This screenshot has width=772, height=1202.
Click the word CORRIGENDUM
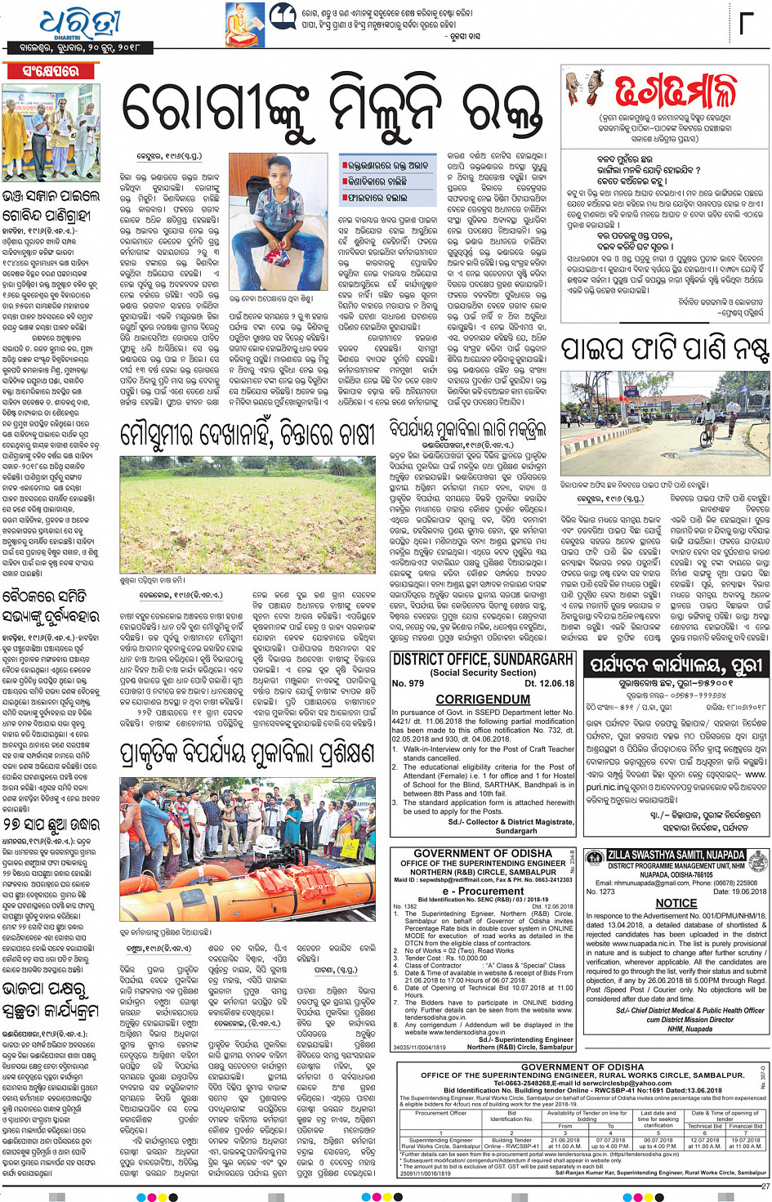click(483, 699)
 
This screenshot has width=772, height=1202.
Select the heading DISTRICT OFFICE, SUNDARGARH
click(482, 659)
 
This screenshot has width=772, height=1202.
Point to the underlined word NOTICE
click(676, 903)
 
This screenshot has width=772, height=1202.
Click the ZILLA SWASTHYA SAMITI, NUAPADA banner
click(676, 855)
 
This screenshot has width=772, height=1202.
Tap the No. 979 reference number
click(408, 683)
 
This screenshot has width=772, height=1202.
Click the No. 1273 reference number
click(600, 891)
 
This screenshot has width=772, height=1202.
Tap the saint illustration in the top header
click(244, 25)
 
